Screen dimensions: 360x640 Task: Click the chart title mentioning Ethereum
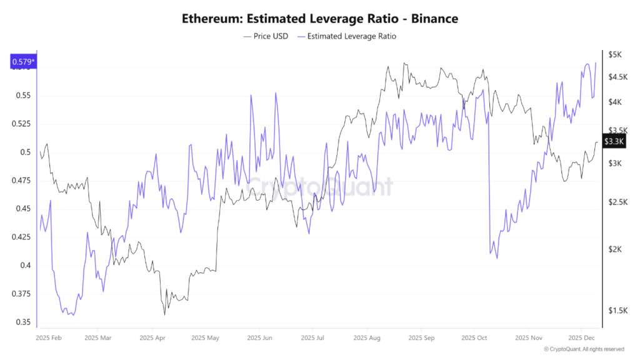point(319,19)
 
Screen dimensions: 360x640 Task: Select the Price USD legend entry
point(266,36)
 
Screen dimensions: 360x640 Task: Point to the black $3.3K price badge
point(615,141)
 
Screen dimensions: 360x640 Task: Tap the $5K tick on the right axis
point(615,55)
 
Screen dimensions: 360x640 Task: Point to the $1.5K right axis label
point(617,311)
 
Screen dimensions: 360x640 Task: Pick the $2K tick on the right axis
point(615,249)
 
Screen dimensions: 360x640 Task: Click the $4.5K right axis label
point(617,77)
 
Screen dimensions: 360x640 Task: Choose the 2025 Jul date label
point(312,337)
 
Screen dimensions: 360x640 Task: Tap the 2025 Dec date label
point(581,337)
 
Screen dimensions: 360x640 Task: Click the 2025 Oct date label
point(474,337)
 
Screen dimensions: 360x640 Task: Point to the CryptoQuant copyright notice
point(584,349)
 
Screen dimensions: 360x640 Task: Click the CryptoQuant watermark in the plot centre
point(319,187)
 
